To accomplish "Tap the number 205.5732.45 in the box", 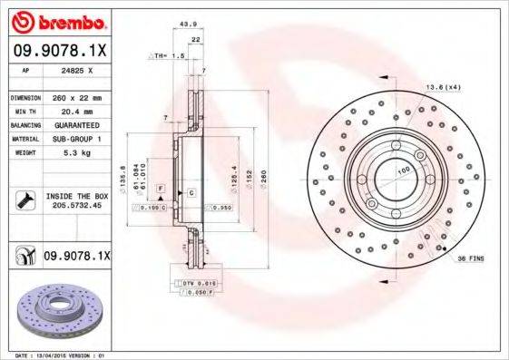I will [x=74, y=206].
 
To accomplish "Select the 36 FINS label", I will [x=469, y=258].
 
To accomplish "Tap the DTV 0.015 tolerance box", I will [x=194, y=284].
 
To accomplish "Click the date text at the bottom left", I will [x=56, y=355].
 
